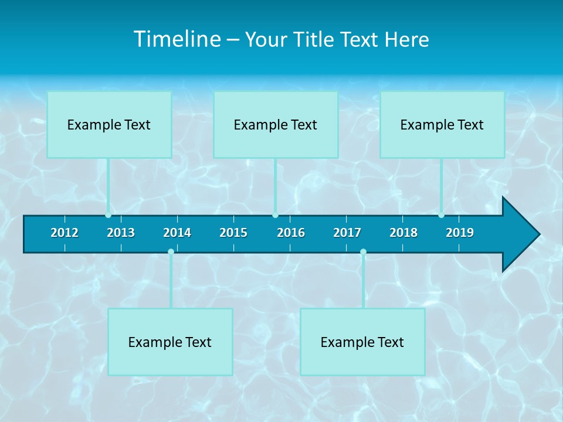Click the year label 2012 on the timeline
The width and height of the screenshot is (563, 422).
coord(65,233)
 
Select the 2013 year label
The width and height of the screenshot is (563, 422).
coord(121,233)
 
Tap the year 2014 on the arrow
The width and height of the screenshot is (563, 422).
coord(177,233)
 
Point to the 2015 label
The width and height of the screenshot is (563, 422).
coord(233,233)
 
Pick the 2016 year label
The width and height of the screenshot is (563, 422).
coord(291,233)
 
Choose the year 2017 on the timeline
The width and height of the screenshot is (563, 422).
coord(347,233)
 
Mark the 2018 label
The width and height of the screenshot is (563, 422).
coord(403,233)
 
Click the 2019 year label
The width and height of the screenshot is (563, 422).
coord(460,233)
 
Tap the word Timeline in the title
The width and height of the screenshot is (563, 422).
coord(177,39)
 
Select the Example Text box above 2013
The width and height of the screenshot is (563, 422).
coord(109,125)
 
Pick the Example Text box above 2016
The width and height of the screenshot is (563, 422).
coord(276,125)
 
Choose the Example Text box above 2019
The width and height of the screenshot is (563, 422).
coord(442,125)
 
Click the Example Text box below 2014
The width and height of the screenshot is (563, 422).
coord(170,342)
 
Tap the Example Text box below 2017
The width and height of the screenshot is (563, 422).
coord(362,342)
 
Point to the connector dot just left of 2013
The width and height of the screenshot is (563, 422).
coord(108,215)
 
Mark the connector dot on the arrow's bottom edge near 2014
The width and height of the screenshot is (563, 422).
coord(171,252)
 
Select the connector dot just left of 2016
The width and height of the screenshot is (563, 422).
coord(275,215)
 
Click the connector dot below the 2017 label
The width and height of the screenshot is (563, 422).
coord(363,252)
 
